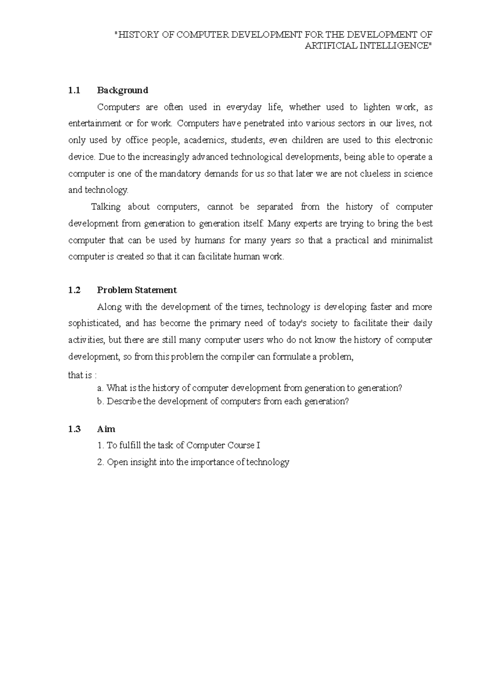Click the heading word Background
coord(122,90)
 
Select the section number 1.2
coord(74,290)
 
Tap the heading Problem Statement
coord(137,290)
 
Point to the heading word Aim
coord(106,429)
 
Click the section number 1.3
coord(74,429)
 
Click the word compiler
coord(237,357)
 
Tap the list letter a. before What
coord(100,388)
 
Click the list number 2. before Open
coord(100,462)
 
